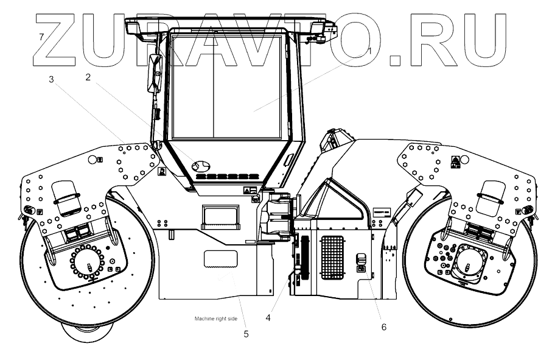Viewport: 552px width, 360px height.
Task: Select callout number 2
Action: pos(89,77)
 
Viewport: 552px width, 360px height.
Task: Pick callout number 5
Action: pos(246,333)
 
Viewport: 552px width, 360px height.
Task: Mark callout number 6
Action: pos(383,326)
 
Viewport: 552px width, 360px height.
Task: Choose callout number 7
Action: pos(41,37)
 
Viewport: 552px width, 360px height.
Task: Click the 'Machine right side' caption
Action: pos(215,319)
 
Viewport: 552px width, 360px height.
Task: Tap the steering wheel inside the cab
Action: pos(200,165)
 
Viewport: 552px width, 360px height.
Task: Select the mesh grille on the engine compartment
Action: pos(333,258)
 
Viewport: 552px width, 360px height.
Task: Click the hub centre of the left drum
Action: pos(90,266)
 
